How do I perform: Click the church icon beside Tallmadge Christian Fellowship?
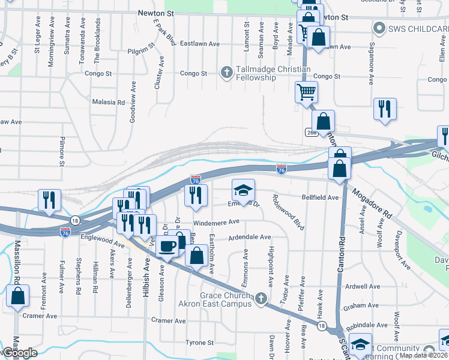pos(226,73)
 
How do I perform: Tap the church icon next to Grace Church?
pos(261,298)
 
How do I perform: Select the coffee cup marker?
pos(167,246)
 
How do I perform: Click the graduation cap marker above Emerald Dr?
pos(244,191)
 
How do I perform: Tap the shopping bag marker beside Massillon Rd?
pos(18,296)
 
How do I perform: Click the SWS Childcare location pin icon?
pos(379,28)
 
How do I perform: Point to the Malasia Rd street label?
pos(108,102)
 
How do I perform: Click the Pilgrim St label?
pos(140,52)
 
